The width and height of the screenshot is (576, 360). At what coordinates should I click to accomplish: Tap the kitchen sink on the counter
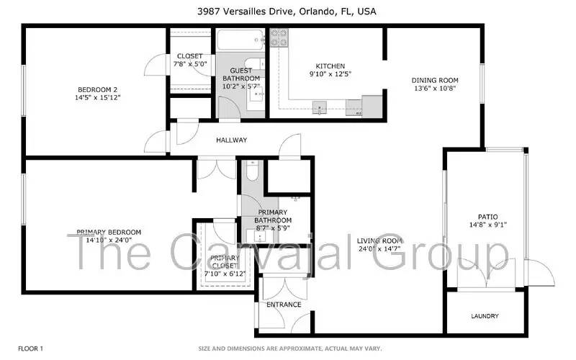[320, 108]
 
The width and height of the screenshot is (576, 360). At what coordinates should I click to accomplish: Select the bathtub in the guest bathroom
[240, 39]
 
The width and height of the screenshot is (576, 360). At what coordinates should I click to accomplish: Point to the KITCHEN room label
[321, 66]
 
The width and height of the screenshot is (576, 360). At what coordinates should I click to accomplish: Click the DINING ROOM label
[435, 80]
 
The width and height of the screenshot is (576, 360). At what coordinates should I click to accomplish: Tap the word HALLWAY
[231, 140]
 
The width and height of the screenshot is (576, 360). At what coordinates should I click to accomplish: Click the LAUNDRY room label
[485, 316]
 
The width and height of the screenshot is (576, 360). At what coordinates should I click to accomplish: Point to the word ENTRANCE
[284, 305]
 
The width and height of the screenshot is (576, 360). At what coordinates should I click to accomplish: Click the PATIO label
[487, 217]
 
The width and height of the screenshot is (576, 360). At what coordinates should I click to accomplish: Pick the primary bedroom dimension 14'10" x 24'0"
[109, 240]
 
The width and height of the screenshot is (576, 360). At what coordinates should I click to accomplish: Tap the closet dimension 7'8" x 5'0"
[190, 64]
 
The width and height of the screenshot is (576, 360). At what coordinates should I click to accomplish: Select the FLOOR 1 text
[30, 348]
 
